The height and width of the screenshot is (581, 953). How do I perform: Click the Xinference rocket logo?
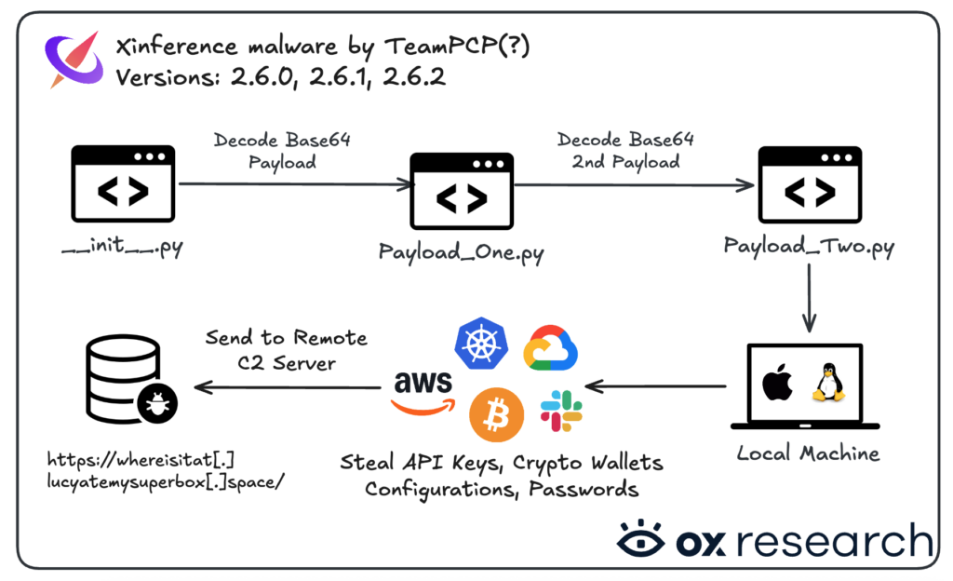click(x=73, y=61)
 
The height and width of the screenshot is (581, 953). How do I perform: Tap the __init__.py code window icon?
click(x=123, y=188)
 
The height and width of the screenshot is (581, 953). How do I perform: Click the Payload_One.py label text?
click(x=462, y=251)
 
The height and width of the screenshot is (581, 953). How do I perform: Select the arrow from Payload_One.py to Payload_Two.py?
click(x=633, y=185)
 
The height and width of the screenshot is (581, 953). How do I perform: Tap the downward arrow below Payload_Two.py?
click(x=809, y=298)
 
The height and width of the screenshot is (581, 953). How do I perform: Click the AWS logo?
click(x=423, y=391)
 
